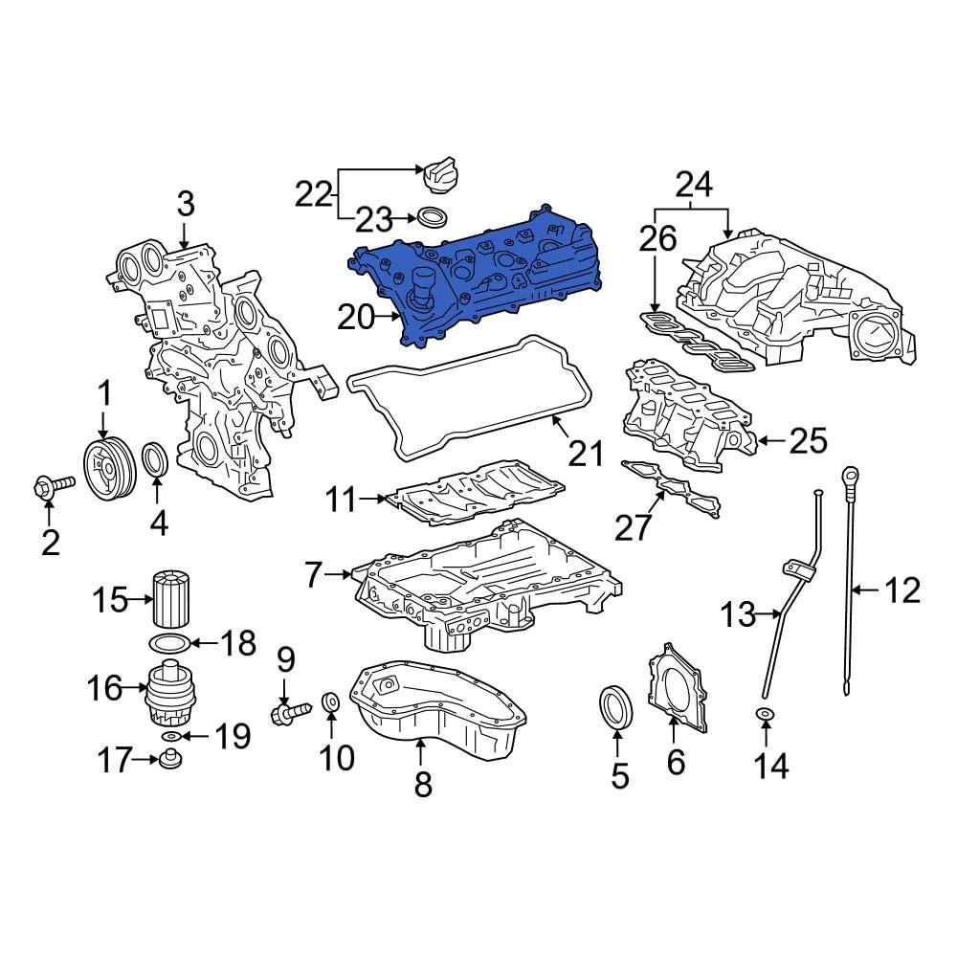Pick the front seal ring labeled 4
pos(156,459)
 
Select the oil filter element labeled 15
pos(173,598)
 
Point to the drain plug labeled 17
pos(172,761)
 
